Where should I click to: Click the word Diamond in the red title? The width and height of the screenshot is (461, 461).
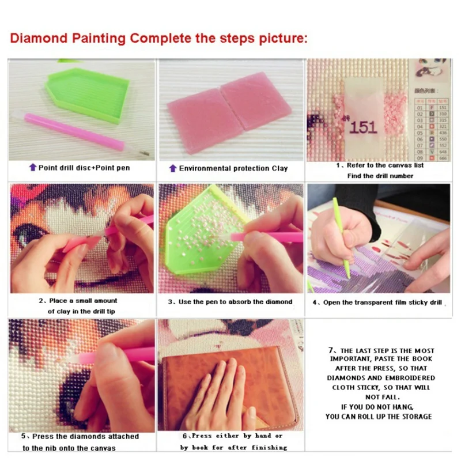[x=39, y=39]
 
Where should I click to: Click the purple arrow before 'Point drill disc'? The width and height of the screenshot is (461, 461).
[x=32, y=168]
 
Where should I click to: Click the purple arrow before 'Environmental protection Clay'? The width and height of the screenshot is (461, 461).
[x=172, y=168]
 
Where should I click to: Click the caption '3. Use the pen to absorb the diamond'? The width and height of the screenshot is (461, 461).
[x=230, y=301]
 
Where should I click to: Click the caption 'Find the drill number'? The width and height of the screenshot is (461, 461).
[x=380, y=176]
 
